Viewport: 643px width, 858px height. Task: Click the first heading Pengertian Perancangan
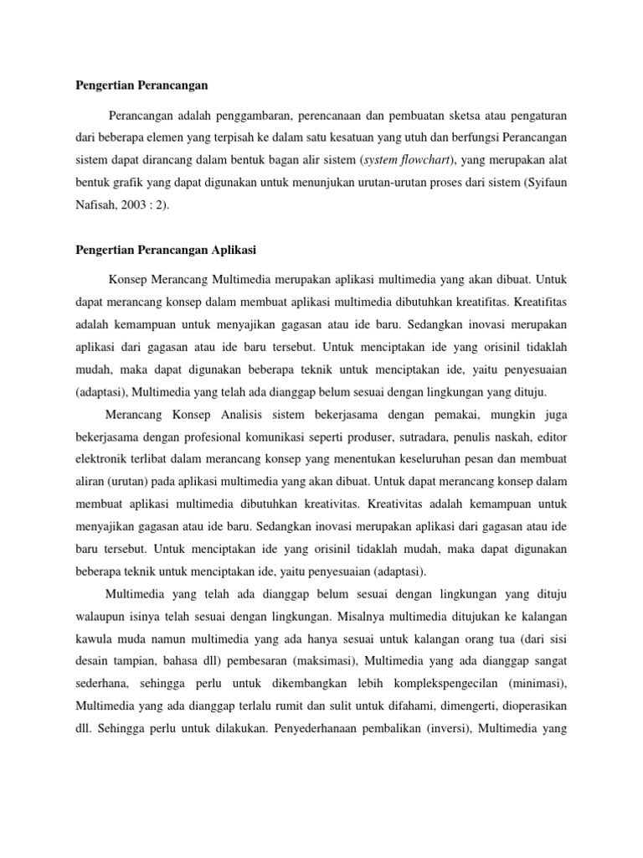pyautogui.click(x=141, y=86)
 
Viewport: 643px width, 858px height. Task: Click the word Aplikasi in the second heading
pyautogui.click(x=236, y=251)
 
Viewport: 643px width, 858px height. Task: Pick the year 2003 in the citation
pyautogui.click(x=147, y=202)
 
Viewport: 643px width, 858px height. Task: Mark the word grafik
pyautogui.click(x=133, y=180)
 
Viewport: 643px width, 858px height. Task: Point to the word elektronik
pyautogui.click(x=104, y=460)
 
